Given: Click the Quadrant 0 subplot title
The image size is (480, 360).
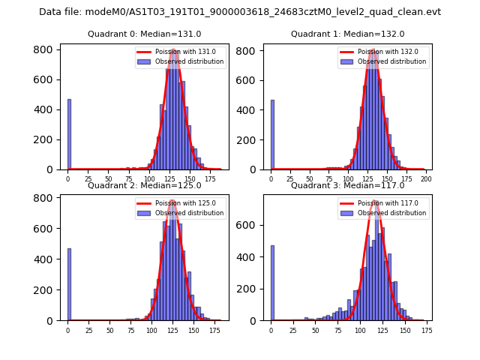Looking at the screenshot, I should [145, 34].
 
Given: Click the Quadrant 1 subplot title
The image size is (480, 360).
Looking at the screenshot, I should [348, 34].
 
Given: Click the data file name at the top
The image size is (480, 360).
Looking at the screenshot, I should [240, 12].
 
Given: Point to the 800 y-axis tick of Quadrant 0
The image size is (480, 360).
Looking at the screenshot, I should [44, 49].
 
